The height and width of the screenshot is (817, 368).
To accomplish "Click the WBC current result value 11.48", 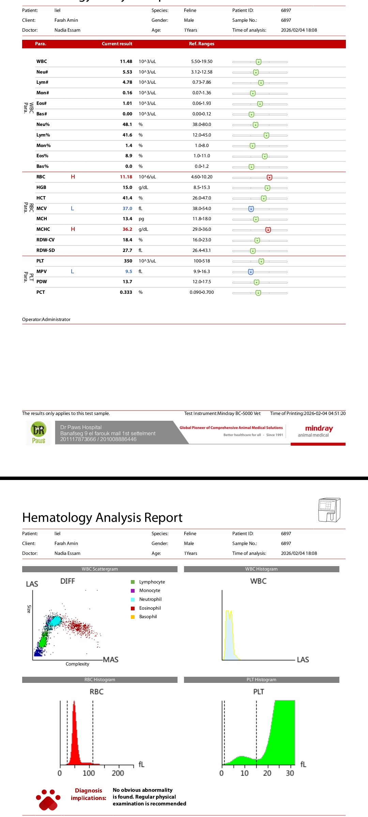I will [x=126, y=62].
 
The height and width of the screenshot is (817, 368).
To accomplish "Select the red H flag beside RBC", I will [x=73, y=177].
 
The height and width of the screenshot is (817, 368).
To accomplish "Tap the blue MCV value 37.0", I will [x=127, y=209].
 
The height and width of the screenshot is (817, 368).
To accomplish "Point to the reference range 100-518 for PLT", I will [x=202, y=261].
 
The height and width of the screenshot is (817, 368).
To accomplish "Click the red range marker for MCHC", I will [x=268, y=230].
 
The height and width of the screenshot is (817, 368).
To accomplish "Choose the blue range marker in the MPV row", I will [x=251, y=272].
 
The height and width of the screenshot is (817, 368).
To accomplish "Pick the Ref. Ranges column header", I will [x=202, y=44].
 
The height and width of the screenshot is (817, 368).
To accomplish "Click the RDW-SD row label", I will [x=46, y=251].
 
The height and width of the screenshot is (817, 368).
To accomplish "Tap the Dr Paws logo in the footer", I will [x=39, y=433].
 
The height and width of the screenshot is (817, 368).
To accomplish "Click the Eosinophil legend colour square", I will [x=133, y=608].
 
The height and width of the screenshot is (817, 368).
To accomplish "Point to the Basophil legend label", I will [x=148, y=617].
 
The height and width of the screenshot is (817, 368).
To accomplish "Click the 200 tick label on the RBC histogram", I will [x=118, y=773].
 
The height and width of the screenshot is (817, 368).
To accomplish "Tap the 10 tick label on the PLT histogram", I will [x=244, y=773].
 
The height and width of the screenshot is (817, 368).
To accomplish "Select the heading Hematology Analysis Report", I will [x=102, y=518].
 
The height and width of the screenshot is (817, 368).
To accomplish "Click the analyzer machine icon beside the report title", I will [x=329, y=510].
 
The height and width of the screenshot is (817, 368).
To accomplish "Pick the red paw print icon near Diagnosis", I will [x=48, y=799].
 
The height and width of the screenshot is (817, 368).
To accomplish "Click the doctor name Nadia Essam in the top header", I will [x=67, y=30].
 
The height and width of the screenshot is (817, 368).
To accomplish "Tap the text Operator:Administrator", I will [x=46, y=320].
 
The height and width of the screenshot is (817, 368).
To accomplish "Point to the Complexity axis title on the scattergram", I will [x=77, y=664].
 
